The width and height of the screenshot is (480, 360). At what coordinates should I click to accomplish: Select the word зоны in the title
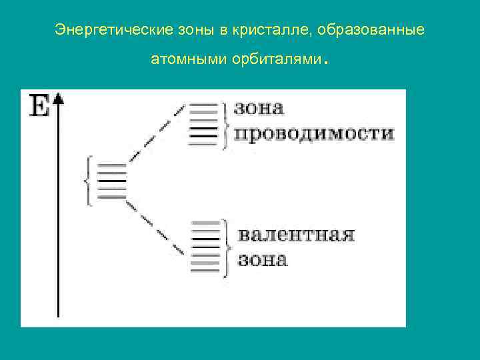tap(193, 31)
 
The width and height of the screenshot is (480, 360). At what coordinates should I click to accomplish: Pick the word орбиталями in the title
tap(277, 61)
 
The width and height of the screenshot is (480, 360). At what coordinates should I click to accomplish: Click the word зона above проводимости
tap(259, 108)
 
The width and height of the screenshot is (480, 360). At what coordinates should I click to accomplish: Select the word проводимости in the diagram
tap(313, 133)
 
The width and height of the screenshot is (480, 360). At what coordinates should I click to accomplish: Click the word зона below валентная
tap(263, 259)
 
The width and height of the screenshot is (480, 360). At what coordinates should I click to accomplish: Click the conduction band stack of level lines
tap(203, 124)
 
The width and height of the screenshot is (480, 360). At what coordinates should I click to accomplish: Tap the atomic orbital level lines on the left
tap(111, 181)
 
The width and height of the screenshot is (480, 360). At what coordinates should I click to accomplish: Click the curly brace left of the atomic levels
tap(88, 181)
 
